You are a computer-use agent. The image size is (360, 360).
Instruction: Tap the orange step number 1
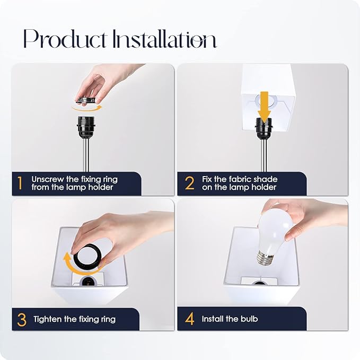[20, 183]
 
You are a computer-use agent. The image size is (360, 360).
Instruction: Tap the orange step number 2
[190, 183]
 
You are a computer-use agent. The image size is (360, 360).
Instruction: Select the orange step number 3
[22, 319]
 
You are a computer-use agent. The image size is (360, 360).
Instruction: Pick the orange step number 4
[190, 319]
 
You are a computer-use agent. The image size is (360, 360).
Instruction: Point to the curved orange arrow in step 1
[87, 109]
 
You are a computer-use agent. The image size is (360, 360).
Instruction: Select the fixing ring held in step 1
[85, 100]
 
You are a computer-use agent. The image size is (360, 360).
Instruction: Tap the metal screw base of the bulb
[266, 258]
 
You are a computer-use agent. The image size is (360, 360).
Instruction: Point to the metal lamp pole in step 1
[86, 155]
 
